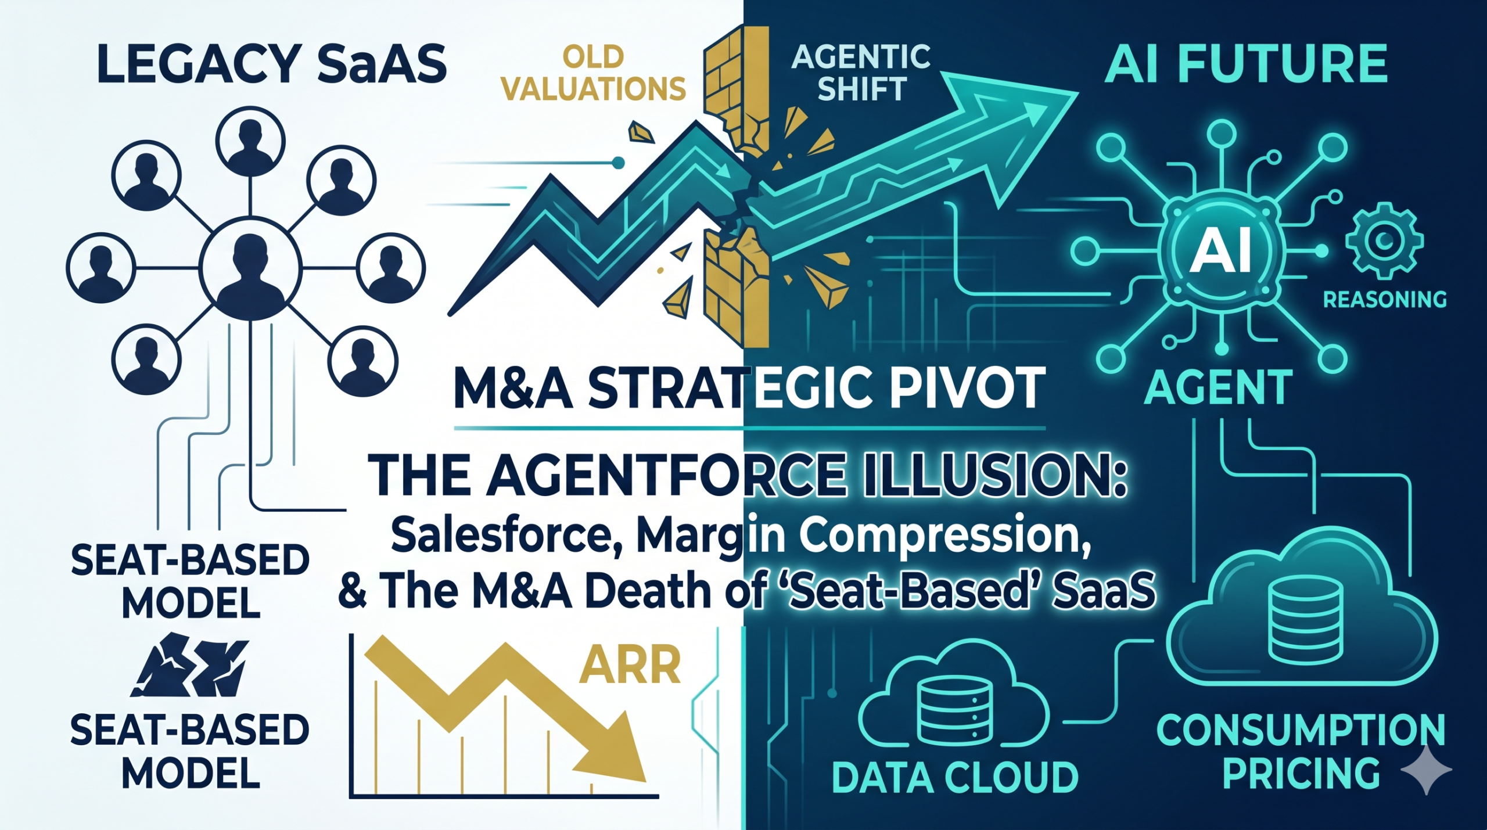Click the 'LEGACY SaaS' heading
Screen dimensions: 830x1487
pyautogui.click(x=272, y=64)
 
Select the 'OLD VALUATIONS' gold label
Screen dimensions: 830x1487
pyautogui.click(x=593, y=73)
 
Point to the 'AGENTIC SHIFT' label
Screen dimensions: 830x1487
pyautogui.click(x=861, y=73)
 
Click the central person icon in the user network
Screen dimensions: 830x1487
pyautogui.click(x=250, y=268)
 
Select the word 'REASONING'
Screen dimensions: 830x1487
pyautogui.click(x=1384, y=300)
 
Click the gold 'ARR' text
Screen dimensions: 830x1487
pyautogui.click(x=630, y=666)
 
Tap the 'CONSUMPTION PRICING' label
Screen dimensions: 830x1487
pyautogui.click(x=1301, y=752)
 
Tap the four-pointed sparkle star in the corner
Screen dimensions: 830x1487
pyautogui.click(x=1426, y=770)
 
